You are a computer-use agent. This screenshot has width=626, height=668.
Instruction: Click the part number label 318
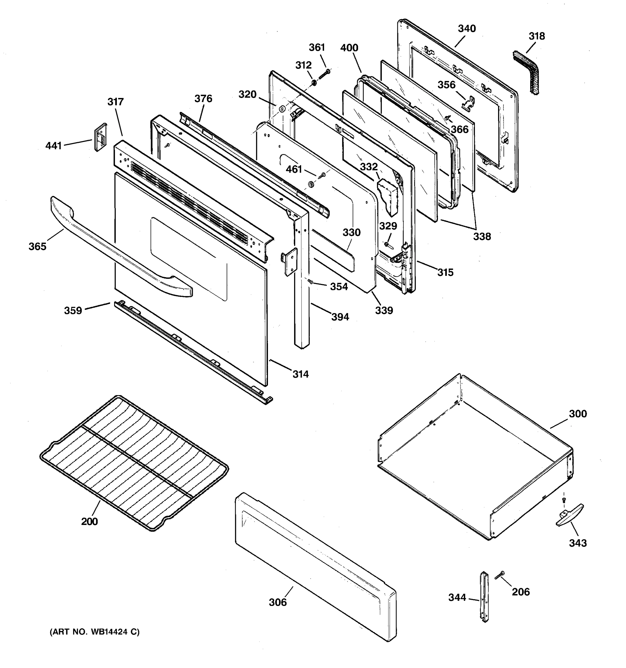[x=536, y=36]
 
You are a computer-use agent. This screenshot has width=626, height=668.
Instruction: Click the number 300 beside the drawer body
[x=577, y=414]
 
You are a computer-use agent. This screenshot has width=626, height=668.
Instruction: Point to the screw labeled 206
[x=500, y=575]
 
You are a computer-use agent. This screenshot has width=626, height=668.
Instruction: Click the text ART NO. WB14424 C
[x=94, y=632]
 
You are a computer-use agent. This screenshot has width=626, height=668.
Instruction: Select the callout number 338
[x=482, y=237]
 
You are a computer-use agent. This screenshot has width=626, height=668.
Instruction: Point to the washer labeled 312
[x=314, y=83]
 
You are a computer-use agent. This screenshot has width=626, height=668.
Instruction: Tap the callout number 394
[x=340, y=317]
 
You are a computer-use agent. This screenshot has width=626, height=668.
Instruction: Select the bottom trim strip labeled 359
[x=191, y=351]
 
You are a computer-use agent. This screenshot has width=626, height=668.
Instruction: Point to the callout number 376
[x=203, y=99]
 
